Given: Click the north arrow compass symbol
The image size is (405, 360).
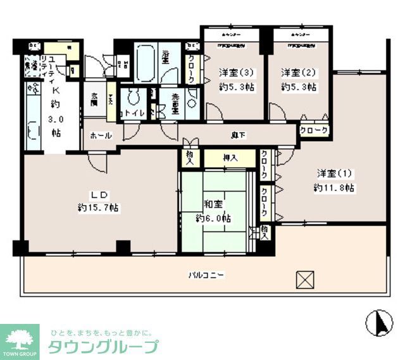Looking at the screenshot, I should (x=379, y=323).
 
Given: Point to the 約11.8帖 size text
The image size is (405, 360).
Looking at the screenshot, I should (x=333, y=187).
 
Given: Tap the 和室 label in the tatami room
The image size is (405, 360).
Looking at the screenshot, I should (x=213, y=204).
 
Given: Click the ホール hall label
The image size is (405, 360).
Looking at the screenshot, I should (x=101, y=135).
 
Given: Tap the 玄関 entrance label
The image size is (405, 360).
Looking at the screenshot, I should (x=94, y=99).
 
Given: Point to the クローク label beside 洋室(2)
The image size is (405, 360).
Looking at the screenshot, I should (x=314, y=130).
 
